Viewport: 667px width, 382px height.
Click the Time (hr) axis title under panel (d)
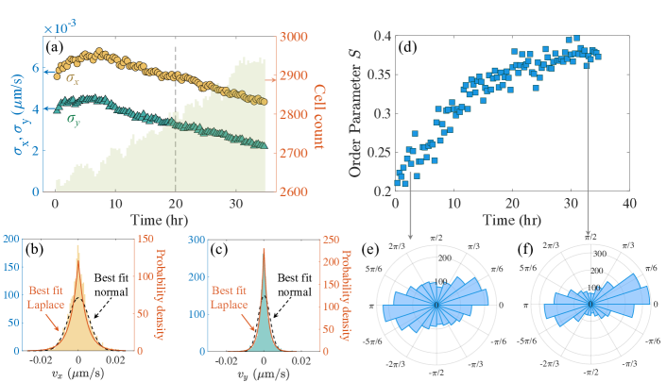click(x=514, y=219)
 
